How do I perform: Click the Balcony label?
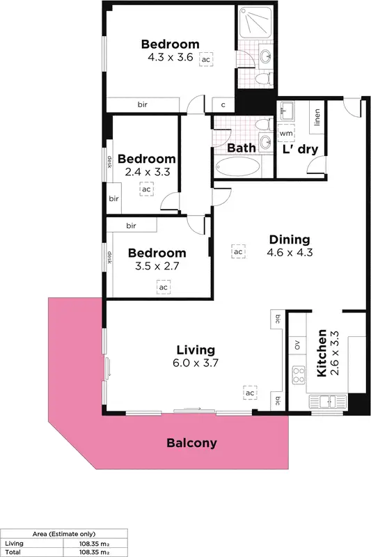point(191,443)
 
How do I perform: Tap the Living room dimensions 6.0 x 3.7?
point(196,363)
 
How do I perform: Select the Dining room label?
point(291,240)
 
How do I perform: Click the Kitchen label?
point(322,353)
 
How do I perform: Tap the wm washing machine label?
point(286,132)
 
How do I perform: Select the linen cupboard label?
point(317,119)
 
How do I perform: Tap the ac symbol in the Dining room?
point(238,251)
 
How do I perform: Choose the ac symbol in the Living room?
point(250,393)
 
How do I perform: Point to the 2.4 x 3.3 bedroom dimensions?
point(148,171)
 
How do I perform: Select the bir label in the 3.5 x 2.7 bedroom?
point(131,226)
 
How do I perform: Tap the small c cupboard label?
point(223,105)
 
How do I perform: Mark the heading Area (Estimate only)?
point(64,533)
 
